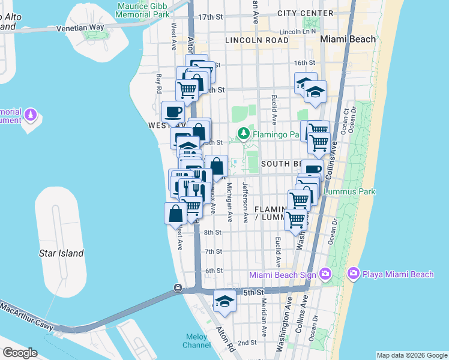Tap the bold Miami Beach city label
[348, 39]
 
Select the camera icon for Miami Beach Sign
[325, 274]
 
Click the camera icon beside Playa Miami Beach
[353, 274]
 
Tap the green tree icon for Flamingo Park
[243, 134]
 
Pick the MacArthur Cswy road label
[27, 319]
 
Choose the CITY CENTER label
[306, 13]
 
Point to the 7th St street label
[213, 251]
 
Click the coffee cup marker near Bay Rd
[173, 112]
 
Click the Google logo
[20, 353]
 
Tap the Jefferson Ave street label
[245, 203]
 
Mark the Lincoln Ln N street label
[298, 31]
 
